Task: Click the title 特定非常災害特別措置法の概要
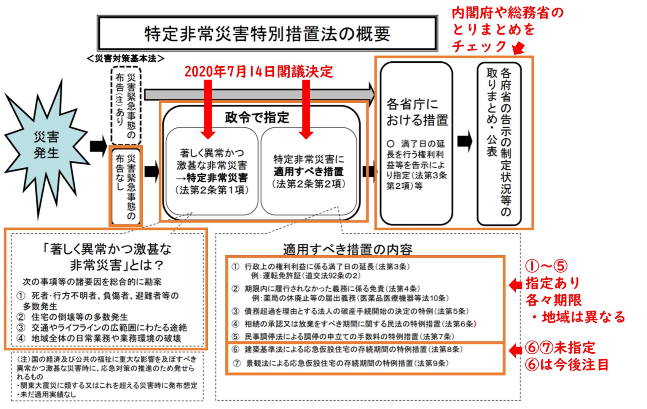click(x=267, y=33)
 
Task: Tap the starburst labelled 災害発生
click(x=46, y=145)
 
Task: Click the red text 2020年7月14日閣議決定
click(x=259, y=72)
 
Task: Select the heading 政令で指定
click(x=257, y=118)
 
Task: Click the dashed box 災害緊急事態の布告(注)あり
click(x=126, y=105)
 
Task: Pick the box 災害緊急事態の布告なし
click(x=126, y=186)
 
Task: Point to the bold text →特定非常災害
click(x=212, y=178)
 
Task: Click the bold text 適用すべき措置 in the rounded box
click(x=309, y=172)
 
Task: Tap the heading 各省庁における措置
click(x=417, y=112)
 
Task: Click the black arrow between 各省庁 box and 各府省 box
click(x=464, y=141)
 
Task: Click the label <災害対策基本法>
click(x=126, y=58)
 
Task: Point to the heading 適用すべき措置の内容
click(x=347, y=249)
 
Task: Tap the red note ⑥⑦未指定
click(x=560, y=348)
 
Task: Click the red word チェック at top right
click(x=479, y=46)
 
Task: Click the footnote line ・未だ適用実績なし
click(x=46, y=395)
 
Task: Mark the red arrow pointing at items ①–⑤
click(x=515, y=285)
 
